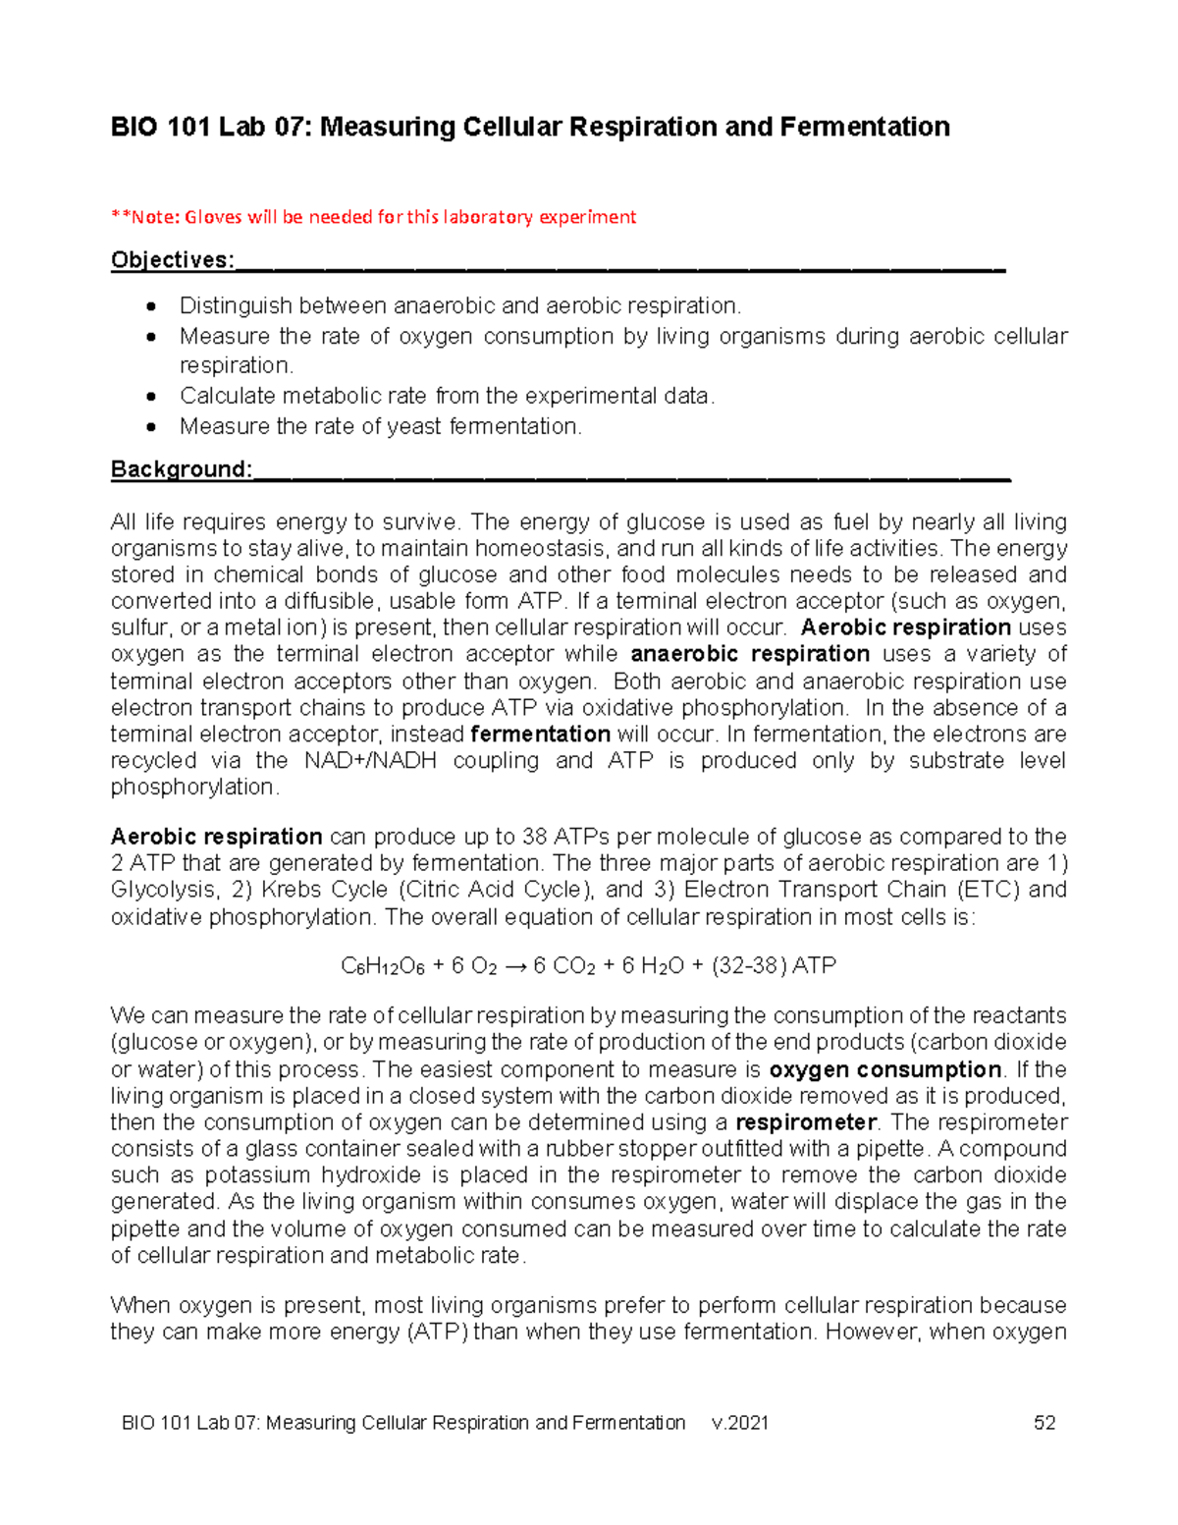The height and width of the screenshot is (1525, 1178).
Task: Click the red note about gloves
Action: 374,217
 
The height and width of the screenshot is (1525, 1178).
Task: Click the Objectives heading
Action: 173,260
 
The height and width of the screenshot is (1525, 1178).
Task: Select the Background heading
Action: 182,469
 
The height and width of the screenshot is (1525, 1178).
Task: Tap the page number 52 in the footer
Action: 1044,1423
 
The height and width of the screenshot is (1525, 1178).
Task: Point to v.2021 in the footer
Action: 740,1423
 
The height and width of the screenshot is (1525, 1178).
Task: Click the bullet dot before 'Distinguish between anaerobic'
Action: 150,306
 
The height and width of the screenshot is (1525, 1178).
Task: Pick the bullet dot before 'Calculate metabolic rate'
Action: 150,397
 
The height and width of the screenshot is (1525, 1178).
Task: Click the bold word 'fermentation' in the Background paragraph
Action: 541,735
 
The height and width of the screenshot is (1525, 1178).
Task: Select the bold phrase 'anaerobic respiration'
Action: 750,654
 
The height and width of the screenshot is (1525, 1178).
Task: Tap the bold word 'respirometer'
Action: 804,1122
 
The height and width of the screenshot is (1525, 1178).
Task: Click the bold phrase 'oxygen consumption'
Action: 885,1069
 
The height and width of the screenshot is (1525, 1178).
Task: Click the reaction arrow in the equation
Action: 515,966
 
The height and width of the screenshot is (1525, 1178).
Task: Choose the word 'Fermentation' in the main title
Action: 865,127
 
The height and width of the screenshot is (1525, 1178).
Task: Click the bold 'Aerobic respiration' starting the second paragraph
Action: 216,837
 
